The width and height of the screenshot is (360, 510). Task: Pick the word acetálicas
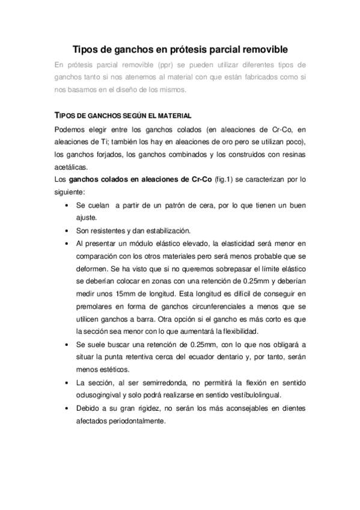[x=70, y=167]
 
